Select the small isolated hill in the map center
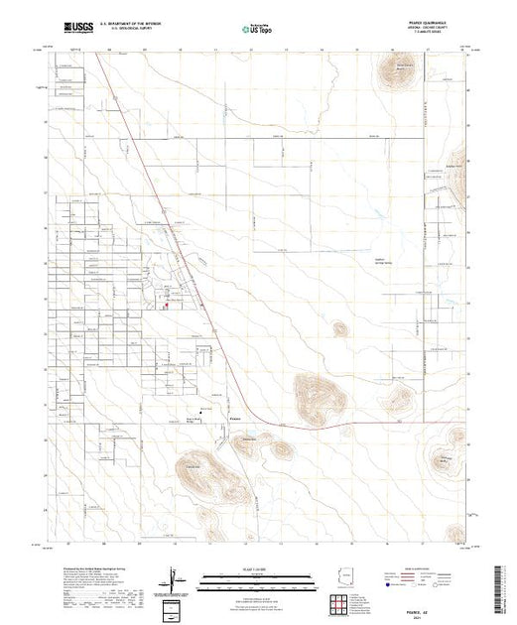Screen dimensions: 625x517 [338, 327]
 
